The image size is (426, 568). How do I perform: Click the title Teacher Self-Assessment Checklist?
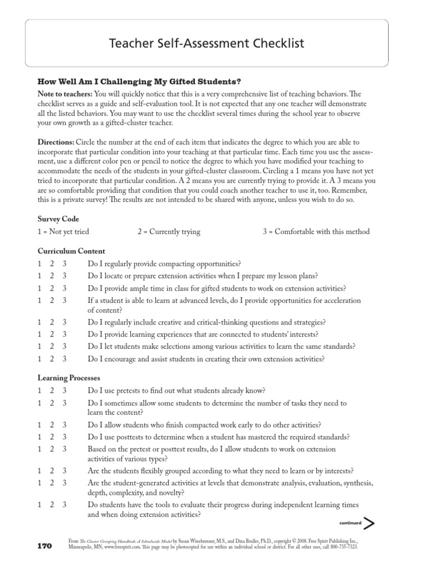point(212,43)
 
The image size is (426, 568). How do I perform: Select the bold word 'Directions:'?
point(55,143)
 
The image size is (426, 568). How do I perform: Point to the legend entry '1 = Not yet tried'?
point(63,231)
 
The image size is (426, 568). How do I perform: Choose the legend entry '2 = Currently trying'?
point(169,231)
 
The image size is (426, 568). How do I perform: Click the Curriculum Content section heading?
point(71,251)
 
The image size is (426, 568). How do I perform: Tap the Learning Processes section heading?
point(68,378)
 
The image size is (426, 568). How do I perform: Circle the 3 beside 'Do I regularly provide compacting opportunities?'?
point(64,263)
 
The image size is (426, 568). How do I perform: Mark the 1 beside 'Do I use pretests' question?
point(39,390)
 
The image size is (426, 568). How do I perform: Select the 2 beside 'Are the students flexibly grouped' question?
point(52,470)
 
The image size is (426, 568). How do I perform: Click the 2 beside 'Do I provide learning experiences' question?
point(52,334)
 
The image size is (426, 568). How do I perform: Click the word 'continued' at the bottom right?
point(349,523)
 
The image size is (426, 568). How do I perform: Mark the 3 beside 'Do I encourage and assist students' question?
point(64,359)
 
